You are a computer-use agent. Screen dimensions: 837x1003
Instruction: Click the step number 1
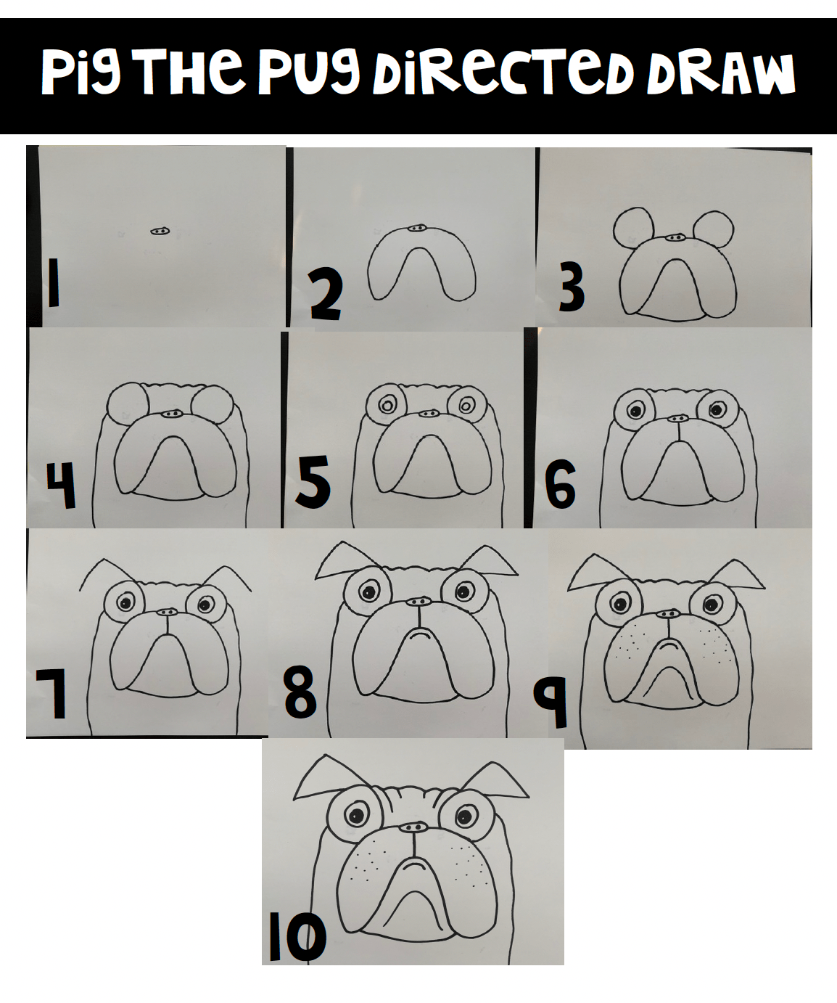[53, 282]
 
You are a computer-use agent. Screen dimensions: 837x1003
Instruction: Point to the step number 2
[326, 294]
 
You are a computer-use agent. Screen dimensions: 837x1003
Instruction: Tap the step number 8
[300, 693]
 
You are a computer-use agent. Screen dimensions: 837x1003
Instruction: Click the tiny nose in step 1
[160, 231]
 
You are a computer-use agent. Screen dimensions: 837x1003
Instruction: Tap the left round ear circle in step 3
[634, 228]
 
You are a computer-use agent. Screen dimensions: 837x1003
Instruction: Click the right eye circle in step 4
[213, 406]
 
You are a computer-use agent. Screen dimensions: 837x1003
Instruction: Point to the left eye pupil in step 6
[635, 412]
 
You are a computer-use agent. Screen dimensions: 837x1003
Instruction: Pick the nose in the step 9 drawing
[669, 615]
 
